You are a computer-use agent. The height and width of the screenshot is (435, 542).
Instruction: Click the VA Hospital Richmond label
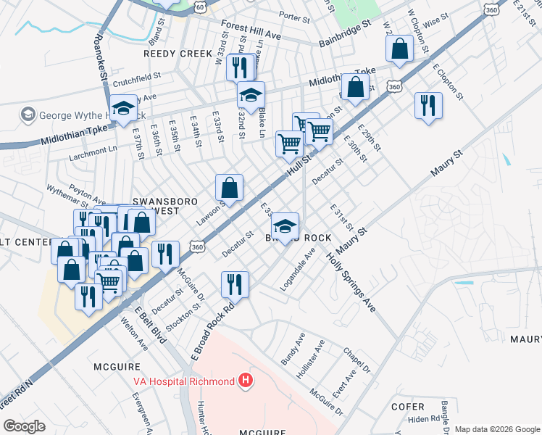[x=183, y=381]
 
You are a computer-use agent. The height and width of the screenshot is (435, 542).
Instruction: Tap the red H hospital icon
[x=246, y=381]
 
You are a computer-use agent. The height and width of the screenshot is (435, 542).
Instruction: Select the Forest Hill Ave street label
[x=251, y=29]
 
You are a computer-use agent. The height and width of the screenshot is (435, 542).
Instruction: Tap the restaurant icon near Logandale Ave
[x=235, y=283]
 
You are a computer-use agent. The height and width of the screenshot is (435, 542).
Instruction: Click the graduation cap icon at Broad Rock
[x=286, y=225]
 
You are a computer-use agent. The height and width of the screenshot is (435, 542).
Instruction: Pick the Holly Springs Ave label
[x=350, y=281]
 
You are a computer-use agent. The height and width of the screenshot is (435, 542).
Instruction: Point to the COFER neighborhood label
[x=406, y=406]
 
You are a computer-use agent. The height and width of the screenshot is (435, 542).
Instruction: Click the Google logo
[x=24, y=426]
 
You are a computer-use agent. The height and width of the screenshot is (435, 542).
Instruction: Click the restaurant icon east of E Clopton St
[x=428, y=105]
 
